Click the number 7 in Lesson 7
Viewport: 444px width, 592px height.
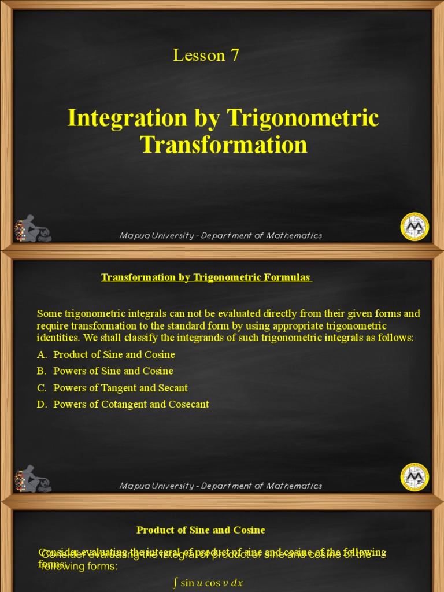tap(234, 55)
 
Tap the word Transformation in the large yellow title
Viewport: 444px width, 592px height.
tap(223, 145)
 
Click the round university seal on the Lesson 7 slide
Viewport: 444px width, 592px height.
tap(415, 227)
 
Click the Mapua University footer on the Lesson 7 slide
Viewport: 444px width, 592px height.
tap(220, 235)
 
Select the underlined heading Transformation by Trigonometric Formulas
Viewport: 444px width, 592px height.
tap(206, 278)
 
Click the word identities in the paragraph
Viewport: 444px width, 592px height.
tap(58, 338)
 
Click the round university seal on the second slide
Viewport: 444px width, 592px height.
tap(415, 477)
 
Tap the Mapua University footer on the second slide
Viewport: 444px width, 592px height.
tap(220, 486)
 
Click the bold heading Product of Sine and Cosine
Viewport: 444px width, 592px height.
tap(201, 530)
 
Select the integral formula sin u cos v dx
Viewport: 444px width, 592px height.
tap(208, 583)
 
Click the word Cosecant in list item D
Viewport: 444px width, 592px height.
tap(188, 405)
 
